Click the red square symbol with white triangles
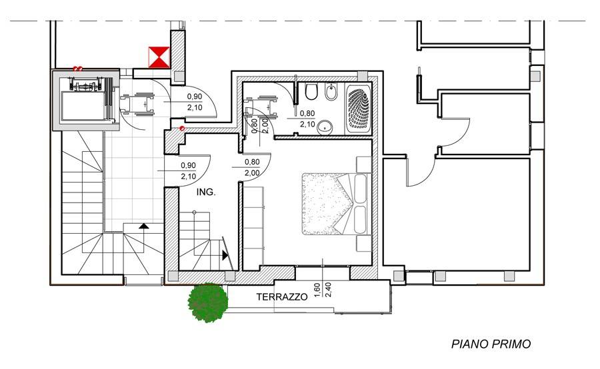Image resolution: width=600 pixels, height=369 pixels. pyautogui.click(x=159, y=57)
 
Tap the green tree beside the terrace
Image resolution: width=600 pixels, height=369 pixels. pyautogui.click(x=208, y=302)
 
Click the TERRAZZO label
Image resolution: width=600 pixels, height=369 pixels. pyautogui.click(x=282, y=296)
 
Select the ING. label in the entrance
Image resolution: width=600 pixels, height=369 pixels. pyautogui.click(x=206, y=192)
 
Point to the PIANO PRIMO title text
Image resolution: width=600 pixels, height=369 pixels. pyautogui.click(x=491, y=344)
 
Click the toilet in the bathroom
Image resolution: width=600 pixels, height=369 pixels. pyautogui.click(x=311, y=92)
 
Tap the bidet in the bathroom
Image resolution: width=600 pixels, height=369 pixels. pyautogui.click(x=330, y=92)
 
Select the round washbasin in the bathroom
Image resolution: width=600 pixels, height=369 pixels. pyautogui.click(x=325, y=126)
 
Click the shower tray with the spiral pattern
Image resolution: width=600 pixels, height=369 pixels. pyautogui.click(x=358, y=108)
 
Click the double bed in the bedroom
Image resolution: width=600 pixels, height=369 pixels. pyautogui.click(x=337, y=204)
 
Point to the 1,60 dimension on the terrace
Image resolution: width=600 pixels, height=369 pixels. pyautogui.click(x=317, y=290)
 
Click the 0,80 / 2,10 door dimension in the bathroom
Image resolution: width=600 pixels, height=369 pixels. pyautogui.click(x=307, y=119)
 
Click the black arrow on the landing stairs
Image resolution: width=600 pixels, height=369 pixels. pyautogui.click(x=143, y=226)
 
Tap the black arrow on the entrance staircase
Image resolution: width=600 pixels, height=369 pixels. pyautogui.click(x=225, y=255)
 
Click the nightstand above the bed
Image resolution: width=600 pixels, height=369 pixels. pyautogui.click(x=364, y=164)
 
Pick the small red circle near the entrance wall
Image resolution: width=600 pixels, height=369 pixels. pyautogui.click(x=182, y=128)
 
